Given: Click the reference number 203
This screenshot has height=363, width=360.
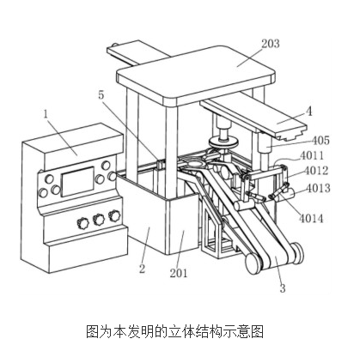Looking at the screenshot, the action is point(270,44).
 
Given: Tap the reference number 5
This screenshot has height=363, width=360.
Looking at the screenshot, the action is point(101,95).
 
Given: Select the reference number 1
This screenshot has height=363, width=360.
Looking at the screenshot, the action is point(46,114).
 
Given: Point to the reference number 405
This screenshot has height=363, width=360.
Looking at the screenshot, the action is point(320,141).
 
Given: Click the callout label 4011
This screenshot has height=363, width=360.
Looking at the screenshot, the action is point(312,155).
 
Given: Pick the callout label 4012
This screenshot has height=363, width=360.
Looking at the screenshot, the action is point(316,171).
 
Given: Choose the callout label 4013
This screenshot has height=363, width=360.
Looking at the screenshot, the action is point(318,188).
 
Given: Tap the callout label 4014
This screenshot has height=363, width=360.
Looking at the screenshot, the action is point(311,219).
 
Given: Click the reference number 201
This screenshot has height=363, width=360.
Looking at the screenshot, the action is point(179,273).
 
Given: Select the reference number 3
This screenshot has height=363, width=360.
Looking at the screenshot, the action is point(283,288).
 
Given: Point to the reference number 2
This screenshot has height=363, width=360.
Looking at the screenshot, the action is point(142,269).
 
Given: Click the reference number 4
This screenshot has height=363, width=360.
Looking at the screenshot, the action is point(308,112).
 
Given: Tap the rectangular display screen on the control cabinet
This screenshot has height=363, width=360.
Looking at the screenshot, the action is point(77,182).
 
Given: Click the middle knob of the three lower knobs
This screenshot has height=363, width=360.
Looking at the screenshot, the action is point(99,220).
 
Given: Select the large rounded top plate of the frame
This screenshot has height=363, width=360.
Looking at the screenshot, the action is point(196,76).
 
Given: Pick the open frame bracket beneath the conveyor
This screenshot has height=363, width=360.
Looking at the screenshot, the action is point(217,234).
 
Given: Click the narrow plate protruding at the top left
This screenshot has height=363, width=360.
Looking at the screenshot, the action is point(137,54).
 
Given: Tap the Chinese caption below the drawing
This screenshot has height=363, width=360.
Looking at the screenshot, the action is point(174,331).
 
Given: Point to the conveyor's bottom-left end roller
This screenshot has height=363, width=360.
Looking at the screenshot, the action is point(253,264).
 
